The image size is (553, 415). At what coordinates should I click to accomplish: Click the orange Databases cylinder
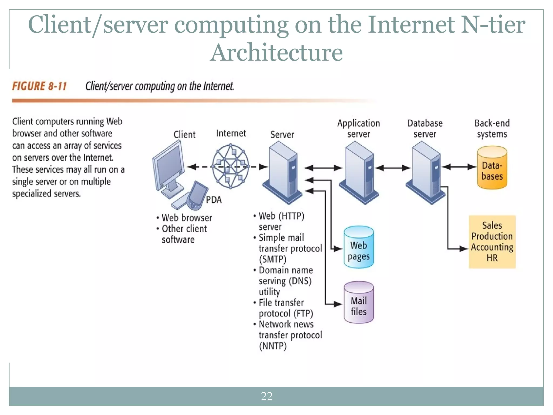[x=492, y=168]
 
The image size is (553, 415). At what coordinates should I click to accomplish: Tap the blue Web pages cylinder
[x=359, y=247]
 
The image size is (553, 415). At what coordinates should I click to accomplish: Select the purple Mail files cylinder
[x=359, y=303]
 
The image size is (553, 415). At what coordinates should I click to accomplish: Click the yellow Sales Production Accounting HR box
[x=492, y=242]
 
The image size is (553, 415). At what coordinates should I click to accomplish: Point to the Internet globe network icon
[x=230, y=166]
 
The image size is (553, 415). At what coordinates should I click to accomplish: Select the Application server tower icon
[x=359, y=173]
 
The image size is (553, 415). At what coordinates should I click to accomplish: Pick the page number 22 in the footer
[x=267, y=396]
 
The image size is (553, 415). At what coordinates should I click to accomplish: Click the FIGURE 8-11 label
[x=39, y=86]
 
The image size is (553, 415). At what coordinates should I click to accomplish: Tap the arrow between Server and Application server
[x=323, y=168]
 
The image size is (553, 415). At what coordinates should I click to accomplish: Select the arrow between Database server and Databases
[x=459, y=167]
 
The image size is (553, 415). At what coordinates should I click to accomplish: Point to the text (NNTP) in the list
[x=273, y=346]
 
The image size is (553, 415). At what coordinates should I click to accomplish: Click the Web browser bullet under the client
[x=187, y=218]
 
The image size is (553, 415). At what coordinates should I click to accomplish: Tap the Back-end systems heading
[x=492, y=129]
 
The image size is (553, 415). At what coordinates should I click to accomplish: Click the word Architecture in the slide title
[x=276, y=52]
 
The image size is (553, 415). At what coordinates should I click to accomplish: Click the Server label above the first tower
[x=282, y=135]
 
